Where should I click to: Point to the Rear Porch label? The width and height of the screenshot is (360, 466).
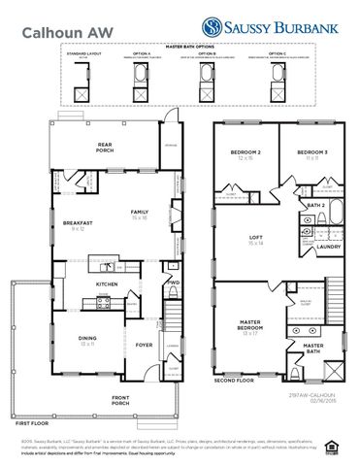click(105, 148)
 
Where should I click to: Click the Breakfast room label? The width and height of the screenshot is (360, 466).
click(79, 224)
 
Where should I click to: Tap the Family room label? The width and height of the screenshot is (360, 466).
click(141, 214)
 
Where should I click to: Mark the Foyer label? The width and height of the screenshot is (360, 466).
click(144, 343)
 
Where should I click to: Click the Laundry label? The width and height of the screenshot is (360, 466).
click(327, 247)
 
